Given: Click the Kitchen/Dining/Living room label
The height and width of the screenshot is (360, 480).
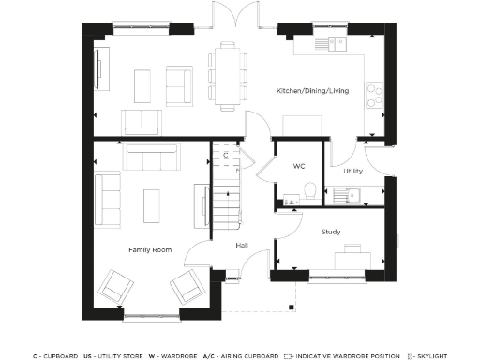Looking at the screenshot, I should coord(312,91).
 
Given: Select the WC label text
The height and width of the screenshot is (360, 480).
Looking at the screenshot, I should coord(299,167).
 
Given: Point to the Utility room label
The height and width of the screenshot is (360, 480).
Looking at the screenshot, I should coord(352,172).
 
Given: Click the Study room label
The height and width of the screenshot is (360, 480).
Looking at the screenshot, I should coord(330,231).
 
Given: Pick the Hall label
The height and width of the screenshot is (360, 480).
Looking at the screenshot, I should coord(242,246).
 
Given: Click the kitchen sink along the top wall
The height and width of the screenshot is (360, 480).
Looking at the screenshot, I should coord(328,43).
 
